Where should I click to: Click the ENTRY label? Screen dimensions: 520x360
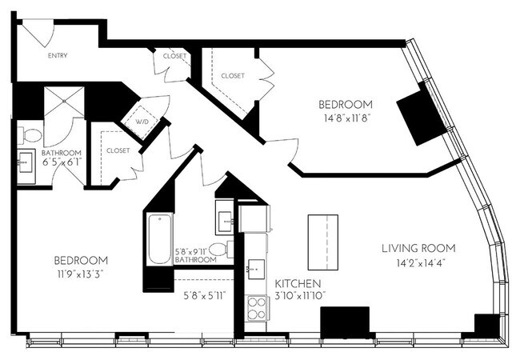pyautogui.click(x=58, y=55)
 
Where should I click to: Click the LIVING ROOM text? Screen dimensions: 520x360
pyautogui.click(x=418, y=248)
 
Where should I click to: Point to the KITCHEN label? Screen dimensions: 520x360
pyautogui.click(x=298, y=284)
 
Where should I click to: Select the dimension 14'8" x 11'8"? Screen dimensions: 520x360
pyautogui.click(x=347, y=118)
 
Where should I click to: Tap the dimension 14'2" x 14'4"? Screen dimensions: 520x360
pyautogui.click(x=421, y=263)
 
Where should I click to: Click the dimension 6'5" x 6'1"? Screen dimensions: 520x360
pyautogui.click(x=62, y=162)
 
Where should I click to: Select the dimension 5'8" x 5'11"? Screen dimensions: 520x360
pyautogui.click(x=205, y=295)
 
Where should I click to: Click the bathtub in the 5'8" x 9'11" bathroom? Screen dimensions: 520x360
pyautogui.click(x=160, y=239)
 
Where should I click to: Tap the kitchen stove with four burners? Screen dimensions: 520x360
pyautogui.click(x=257, y=308)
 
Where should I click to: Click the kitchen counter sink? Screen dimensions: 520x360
pyautogui.click(x=256, y=269)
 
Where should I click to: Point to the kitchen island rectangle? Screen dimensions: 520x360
pyautogui.click(x=323, y=242)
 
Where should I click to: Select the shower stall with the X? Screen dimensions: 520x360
pyautogui.click(x=64, y=101)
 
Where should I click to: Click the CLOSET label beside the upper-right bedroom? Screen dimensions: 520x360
pyautogui.click(x=233, y=76)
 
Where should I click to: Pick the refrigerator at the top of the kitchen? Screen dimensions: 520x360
pyautogui.click(x=254, y=218)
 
